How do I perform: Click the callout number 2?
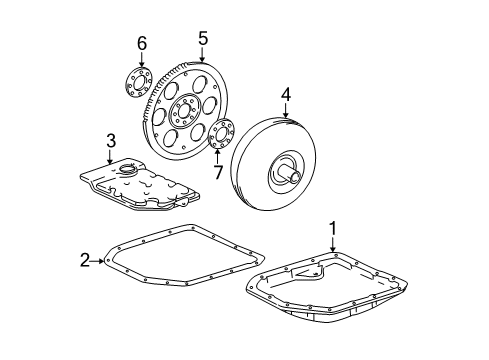click(x=86, y=262)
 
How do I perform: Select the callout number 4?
click(x=286, y=95)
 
